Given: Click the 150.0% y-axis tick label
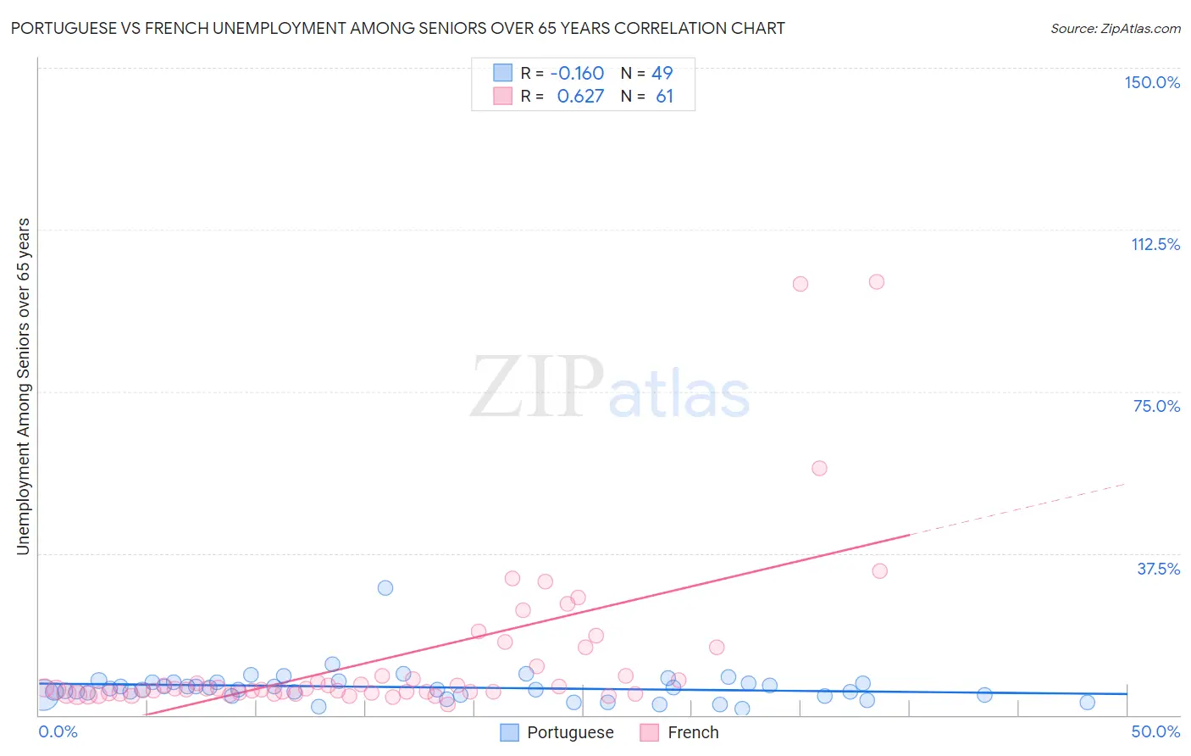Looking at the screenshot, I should click(x=1151, y=82).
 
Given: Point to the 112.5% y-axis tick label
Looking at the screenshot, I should click(x=1155, y=244).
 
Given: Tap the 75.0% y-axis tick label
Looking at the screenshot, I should click(x=1156, y=406).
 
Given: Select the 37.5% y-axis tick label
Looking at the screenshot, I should click(x=1157, y=569).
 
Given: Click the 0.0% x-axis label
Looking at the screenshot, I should click(x=58, y=731).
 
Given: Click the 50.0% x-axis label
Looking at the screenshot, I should click(x=1155, y=731).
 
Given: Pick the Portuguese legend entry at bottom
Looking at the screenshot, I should click(x=557, y=732).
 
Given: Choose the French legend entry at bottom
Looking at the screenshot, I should click(x=679, y=732).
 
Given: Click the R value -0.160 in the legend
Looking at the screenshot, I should click(x=577, y=73).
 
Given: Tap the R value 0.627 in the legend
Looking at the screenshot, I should click(x=580, y=96).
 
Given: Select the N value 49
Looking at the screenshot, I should click(x=662, y=73).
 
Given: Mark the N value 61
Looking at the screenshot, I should click(x=664, y=96).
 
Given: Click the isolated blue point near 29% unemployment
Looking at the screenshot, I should click(x=385, y=587).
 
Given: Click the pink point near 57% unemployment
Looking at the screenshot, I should click(x=819, y=468).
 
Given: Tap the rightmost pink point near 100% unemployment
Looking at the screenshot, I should click(x=877, y=281).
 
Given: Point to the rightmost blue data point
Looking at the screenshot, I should click(x=1088, y=702).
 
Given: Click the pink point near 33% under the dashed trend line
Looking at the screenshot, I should click(x=880, y=570).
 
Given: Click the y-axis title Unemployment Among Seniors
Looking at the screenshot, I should click(x=23, y=386).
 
